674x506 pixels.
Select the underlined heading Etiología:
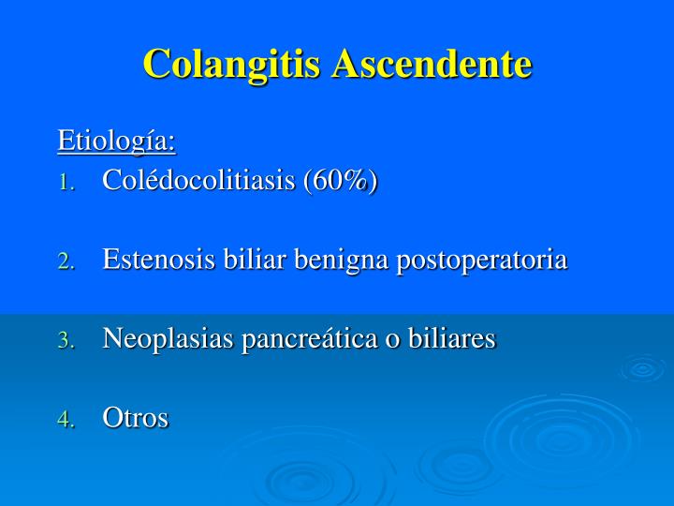point(117,141)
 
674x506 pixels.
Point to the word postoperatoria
point(482,260)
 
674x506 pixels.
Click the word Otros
point(136,419)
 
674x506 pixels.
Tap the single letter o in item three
point(399,341)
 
